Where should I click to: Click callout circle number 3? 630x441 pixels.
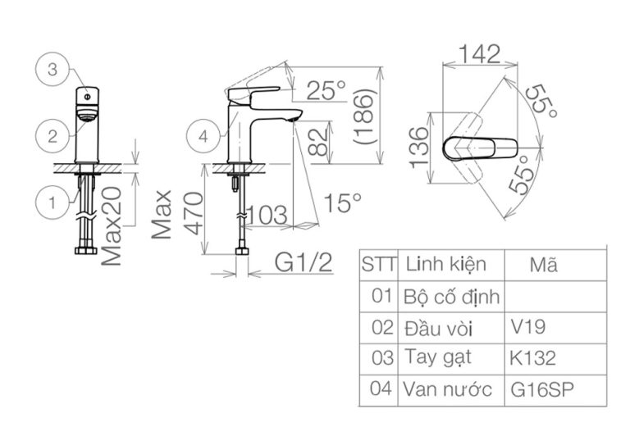pos(52,70)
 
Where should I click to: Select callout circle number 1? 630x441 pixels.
pos(52,202)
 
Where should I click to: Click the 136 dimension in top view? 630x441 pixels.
pos(419,148)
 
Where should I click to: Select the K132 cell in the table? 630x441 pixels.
pos(532,357)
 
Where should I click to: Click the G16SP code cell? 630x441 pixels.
pos(538,389)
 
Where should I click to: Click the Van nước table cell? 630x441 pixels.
pos(450,389)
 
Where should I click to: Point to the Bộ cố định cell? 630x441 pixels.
pos(450,296)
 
